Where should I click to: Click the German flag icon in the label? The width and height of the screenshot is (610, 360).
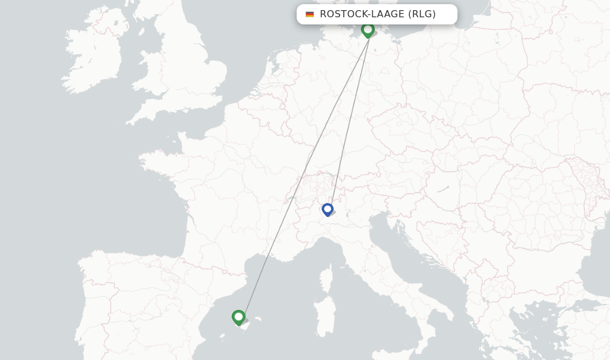pos(310,14)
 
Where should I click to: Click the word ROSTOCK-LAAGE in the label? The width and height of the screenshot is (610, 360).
pos(362,14)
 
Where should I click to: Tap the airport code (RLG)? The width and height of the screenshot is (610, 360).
pos(422,14)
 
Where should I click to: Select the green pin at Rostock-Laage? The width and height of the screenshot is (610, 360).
pos(368,29)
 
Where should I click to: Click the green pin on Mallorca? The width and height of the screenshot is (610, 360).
pos(238,317)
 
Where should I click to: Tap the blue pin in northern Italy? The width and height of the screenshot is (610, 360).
pos(327,210)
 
